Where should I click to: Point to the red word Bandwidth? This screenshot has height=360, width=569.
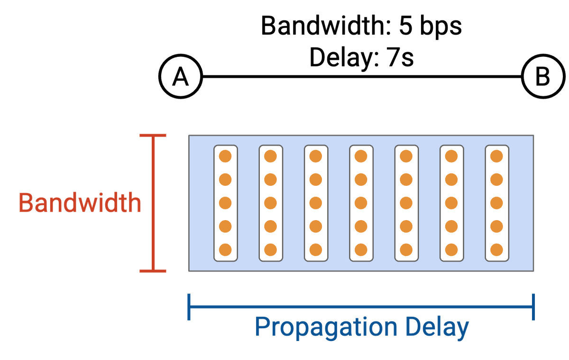point(80,203)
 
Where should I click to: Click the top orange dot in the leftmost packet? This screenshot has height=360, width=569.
point(225,156)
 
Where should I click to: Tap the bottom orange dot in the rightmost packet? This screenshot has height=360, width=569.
point(496,249)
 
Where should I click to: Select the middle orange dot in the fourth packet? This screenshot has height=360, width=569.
point(361,203)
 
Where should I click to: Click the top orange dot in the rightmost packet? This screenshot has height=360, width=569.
point(496,156)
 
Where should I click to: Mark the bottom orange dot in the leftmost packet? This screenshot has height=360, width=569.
point(225,249)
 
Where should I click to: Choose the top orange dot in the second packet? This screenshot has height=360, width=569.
point(270,156)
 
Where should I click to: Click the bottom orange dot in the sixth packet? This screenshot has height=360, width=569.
point(451,249)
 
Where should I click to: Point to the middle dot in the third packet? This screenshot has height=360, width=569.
point(316,203)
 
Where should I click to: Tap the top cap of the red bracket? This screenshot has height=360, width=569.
point(153,136)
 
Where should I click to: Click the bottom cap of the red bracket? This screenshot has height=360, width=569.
point(153,271)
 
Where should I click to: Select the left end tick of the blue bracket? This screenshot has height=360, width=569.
point(189,307)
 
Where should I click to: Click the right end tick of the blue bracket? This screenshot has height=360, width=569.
point(534,307)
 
